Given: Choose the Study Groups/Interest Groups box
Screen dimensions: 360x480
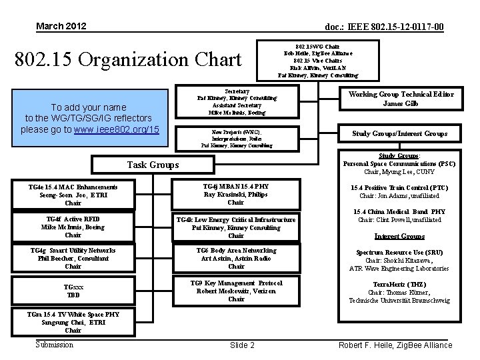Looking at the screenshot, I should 400,134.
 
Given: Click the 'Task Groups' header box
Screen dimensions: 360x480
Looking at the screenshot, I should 153,165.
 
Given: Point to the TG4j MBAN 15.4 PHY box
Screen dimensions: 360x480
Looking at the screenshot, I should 235,195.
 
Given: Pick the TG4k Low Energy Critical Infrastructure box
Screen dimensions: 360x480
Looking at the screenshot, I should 235,227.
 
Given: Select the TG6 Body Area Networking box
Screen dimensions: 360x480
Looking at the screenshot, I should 235,259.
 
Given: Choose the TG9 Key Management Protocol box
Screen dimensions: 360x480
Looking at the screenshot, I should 235,291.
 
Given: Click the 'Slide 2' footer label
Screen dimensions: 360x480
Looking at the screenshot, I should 242,345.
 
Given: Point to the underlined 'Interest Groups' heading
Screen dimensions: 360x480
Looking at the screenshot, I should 399,236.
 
